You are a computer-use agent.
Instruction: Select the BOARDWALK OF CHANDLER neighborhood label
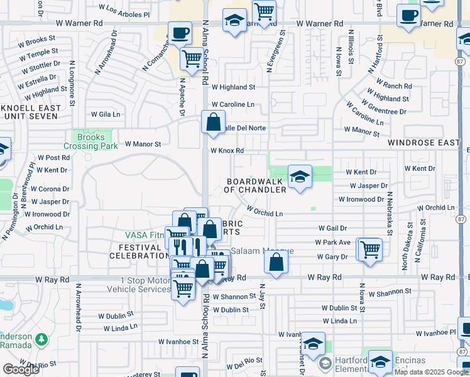tap(256, 185)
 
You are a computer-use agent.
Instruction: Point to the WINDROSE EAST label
tap(424, 143)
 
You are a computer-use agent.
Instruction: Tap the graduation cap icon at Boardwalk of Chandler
tap(300, 177)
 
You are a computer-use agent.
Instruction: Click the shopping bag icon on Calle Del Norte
tap(213, 122)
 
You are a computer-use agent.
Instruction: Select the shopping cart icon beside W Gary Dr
tap(370, 249)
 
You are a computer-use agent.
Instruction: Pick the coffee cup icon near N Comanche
tap(180, 33)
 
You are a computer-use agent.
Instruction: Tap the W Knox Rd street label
tap(227, 151)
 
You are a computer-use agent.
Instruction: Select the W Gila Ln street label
tap(105, 114)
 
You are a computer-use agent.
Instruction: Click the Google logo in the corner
tap(21, 369)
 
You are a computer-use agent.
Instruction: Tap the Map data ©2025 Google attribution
tap(432, 372)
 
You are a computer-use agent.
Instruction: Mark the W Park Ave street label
tap(334, 243)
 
